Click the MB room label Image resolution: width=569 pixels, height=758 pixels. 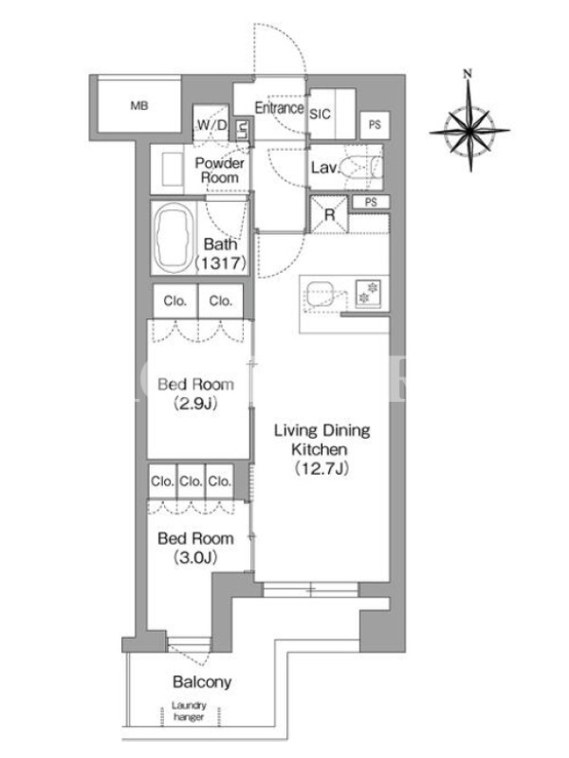click(139, 105)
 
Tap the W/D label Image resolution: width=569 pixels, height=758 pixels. click(211, 125)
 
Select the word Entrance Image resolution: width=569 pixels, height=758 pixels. click(279, 108)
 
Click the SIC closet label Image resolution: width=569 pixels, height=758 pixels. click(320, 114)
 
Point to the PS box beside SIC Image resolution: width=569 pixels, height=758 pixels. click(375, 125)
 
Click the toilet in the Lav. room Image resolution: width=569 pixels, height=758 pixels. click(363, 167)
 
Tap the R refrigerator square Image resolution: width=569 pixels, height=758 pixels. click(329, 214)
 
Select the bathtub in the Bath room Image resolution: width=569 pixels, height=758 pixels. click(174, 238)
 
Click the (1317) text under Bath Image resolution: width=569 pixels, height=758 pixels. click(221, 263)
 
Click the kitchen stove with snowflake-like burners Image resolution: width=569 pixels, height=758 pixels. click(369, 294)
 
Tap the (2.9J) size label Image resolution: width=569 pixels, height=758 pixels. click(195, 404)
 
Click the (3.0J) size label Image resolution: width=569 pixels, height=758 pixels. click(195, 557)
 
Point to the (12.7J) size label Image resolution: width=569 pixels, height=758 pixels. click(321, 468)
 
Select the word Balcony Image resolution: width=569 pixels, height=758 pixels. click(202, 682)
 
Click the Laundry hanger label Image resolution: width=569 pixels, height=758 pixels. click(189, 712)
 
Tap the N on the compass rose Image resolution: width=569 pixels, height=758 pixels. click(467, 74)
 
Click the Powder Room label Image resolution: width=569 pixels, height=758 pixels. click(220, 171)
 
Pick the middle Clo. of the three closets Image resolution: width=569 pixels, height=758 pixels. click(191, 481)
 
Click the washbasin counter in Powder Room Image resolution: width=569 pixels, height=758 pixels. click(168, 169)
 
